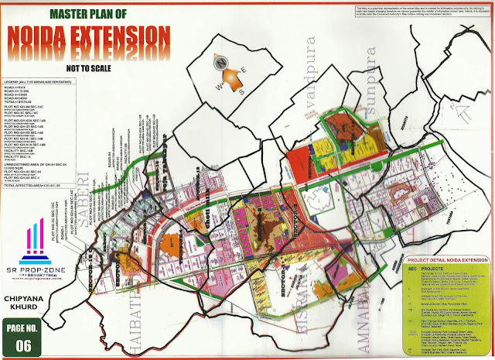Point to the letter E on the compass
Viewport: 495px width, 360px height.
coord(237,71)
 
